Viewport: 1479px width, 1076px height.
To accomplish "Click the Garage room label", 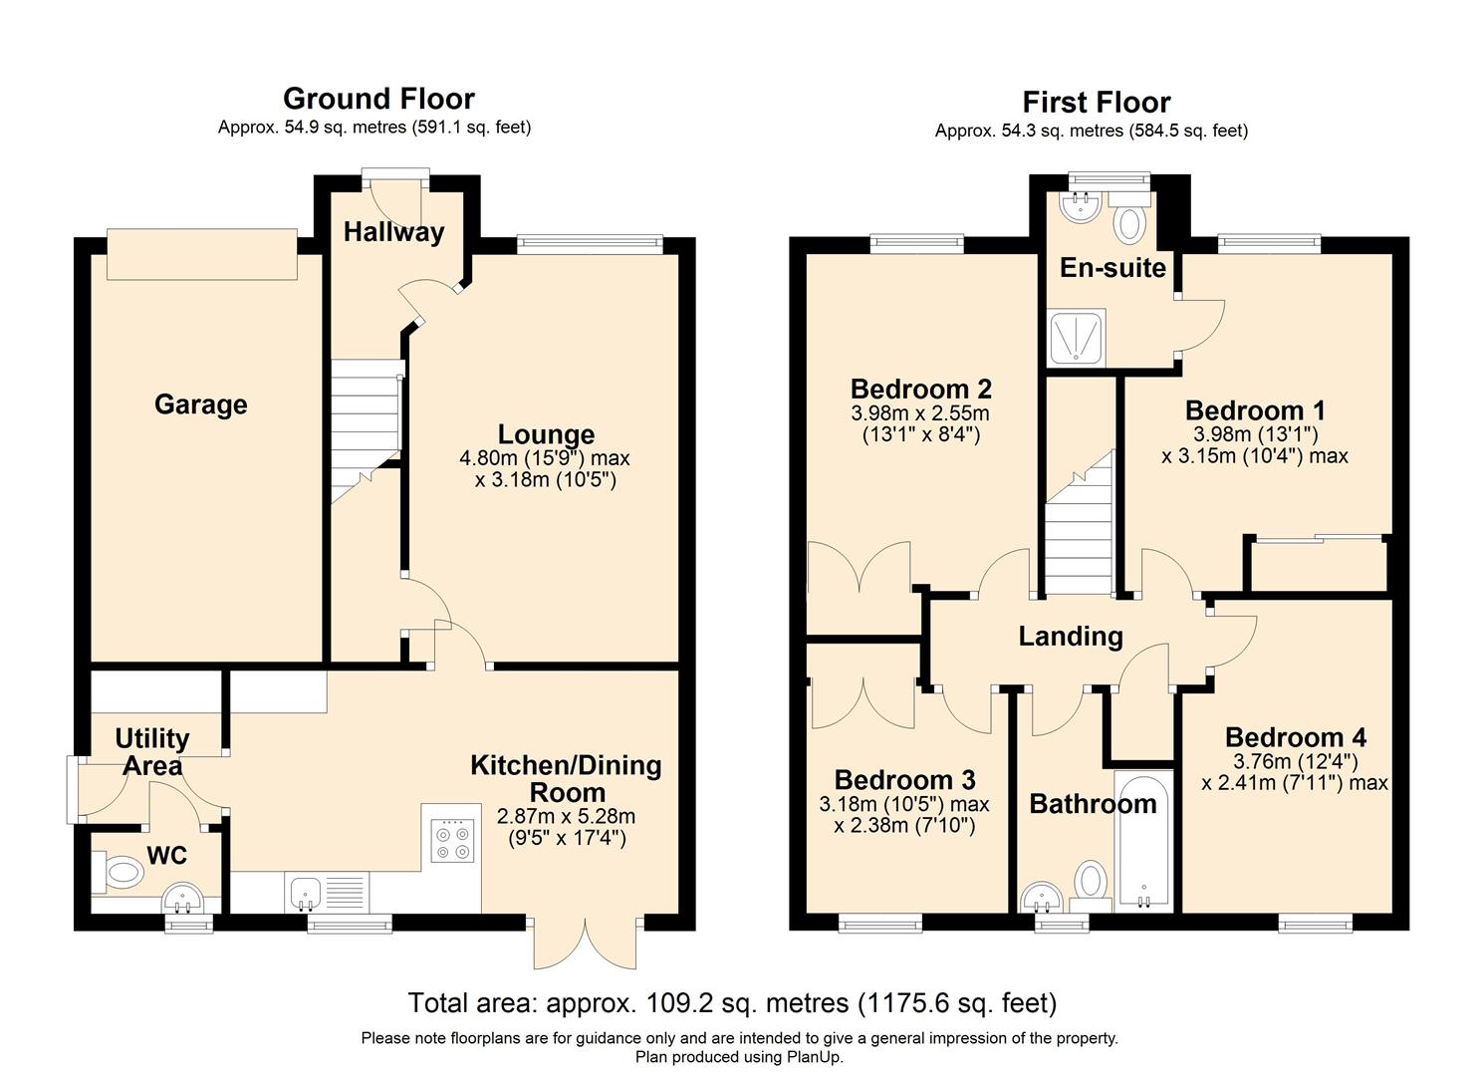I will (x=200, y=404).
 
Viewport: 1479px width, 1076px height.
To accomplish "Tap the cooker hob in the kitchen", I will (x=450, y=840).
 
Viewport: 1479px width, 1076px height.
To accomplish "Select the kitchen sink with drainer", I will (x=326, y=892).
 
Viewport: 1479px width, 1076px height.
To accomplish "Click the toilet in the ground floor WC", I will (x=119, y=875).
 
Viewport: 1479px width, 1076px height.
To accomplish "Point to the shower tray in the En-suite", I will (x=1076, y=336).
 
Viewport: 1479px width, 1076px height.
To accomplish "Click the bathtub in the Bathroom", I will (x=1142, y=843).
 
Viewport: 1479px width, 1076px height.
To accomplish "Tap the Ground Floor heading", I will (x=378, y=99).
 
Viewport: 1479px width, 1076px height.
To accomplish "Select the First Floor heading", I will (x=1096, y=103).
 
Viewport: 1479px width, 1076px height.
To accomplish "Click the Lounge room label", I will (x=546, y=434).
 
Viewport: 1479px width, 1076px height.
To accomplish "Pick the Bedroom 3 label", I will (x=904, y=780).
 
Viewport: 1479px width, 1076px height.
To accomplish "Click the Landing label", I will (x=1070, y=636).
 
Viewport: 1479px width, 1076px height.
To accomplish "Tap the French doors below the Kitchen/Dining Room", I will (x=585, y=941).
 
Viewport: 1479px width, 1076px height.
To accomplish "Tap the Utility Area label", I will (x=151, y=752).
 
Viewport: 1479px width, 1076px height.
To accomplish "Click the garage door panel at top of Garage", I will (x=202, y=254).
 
